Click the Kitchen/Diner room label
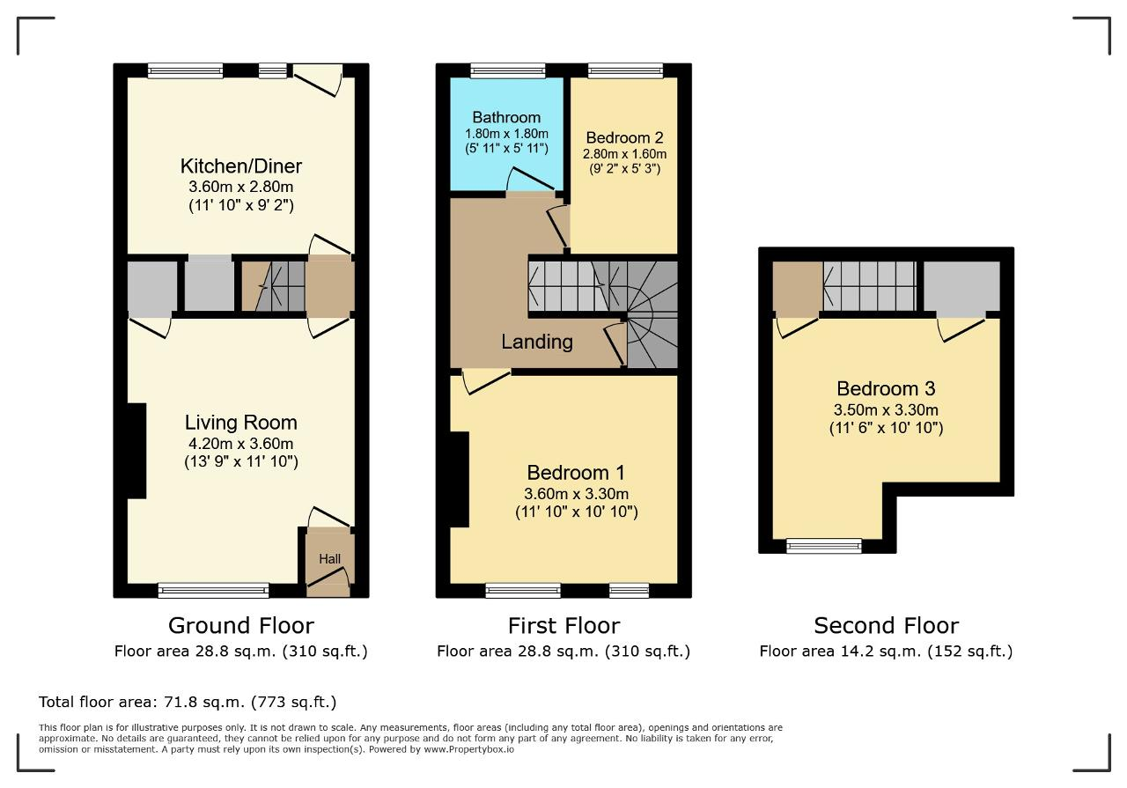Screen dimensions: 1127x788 coord(241,166)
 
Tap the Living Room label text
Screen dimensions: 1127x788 coord(241,423)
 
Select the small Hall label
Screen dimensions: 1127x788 coord(329,558)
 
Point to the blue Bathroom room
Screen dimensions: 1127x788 coord(506,134)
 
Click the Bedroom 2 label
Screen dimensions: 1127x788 coord(624,137)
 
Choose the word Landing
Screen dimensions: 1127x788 coord(537,342)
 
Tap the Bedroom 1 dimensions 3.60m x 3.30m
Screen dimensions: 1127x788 coord(576,494)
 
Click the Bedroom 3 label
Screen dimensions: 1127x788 coord(886,388)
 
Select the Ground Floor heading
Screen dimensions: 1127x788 coord(241,625)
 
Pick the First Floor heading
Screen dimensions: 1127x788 coord(563,625)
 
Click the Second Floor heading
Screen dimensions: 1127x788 coord(886,625)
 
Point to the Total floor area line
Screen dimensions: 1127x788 coord(188,702)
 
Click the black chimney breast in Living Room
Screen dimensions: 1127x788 coord(136,451)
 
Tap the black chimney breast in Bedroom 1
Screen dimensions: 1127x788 coord(459,480)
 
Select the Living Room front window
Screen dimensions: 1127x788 coord(213,590)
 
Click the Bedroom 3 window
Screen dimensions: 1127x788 coord(824,546)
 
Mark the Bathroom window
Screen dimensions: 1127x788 coord(508,70)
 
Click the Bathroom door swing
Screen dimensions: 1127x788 coord(531,180)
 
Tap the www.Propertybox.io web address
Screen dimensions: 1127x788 coord(469,749)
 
